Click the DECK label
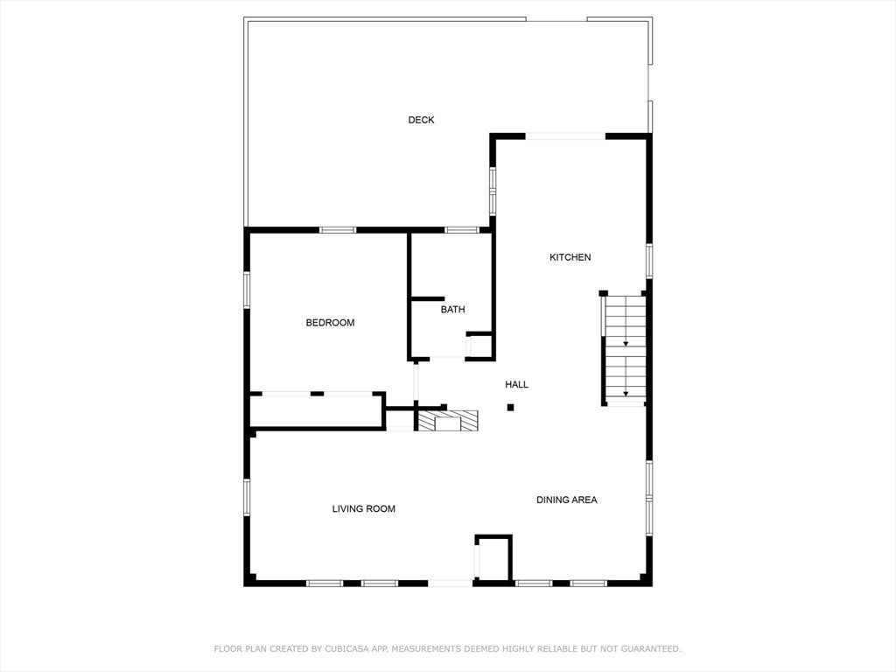(421, 120)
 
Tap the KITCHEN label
(570, 257)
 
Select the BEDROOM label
(330, 323)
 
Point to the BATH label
(452, 310)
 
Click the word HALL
(516, 385)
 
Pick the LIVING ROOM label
(364, 509)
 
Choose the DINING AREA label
(567, 500)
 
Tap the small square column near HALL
(510, 408)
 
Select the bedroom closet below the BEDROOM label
(317, 410)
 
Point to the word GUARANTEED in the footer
(649, 649)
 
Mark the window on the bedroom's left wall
(247, 290)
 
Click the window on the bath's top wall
(462, 230)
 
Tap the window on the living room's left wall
(247, 497)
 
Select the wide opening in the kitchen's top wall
(565, 136)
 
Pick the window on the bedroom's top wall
(338, 230)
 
